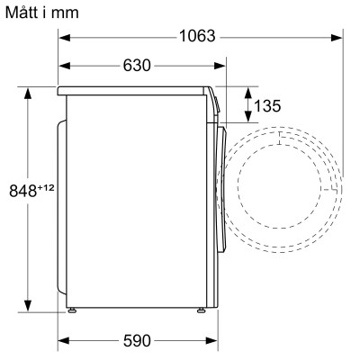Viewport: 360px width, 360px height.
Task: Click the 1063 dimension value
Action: tap(195, 37)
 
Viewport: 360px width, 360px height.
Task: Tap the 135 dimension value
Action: tap(266, 106)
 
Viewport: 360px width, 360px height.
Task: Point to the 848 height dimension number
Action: tap(22, 191)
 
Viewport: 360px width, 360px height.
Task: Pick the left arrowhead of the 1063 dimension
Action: tap(65, 37)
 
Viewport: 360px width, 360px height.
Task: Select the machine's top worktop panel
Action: tap(135, 90)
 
